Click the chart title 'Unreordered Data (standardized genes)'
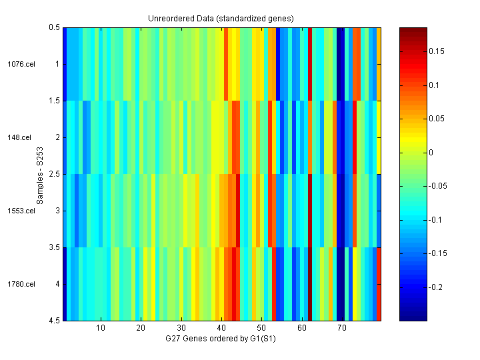(221, 18)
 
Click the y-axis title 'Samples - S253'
(41, 174)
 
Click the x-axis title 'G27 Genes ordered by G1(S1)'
(221, 339)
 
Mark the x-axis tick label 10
(101, 328)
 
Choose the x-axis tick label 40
(221, 328)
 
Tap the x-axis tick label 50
(261, 328)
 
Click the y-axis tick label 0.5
(54, 27)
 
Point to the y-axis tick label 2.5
(54, 174)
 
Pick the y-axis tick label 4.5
(54, 321)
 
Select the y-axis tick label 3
(57, 211)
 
